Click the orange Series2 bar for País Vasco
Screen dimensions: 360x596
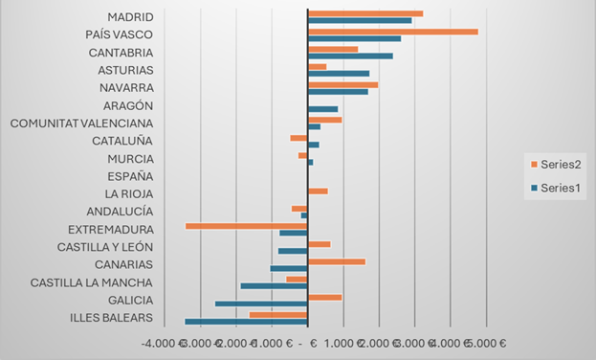point(392,32)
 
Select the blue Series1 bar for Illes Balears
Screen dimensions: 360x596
point(246,322)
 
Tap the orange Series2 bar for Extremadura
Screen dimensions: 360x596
point(246,226)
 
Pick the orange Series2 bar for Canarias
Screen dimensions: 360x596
point(337,261)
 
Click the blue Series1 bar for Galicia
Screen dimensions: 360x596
point(261,304)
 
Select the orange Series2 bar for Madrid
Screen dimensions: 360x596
point(365,13)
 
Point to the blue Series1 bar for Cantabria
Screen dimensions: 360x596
point(350,56)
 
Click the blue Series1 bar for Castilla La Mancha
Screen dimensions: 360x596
point(274,285)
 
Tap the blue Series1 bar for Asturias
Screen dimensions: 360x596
point(339,74)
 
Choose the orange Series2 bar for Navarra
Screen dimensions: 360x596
point(343,84)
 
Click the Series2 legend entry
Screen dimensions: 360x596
point(556,164)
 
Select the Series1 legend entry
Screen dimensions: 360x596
point(556,188)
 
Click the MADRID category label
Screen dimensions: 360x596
point(130,16)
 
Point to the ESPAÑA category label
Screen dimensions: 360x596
point(130,176)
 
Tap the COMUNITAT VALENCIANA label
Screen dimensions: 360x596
point(81,123)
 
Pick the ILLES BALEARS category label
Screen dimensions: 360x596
point(111,318)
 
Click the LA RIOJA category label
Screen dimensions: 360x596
point(126,193)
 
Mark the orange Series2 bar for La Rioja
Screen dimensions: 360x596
point(318,191)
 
